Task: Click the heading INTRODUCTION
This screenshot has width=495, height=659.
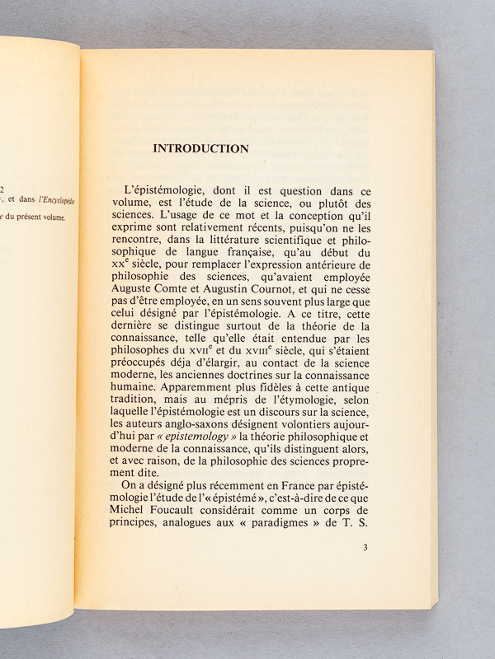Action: click(x=201, y=149)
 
